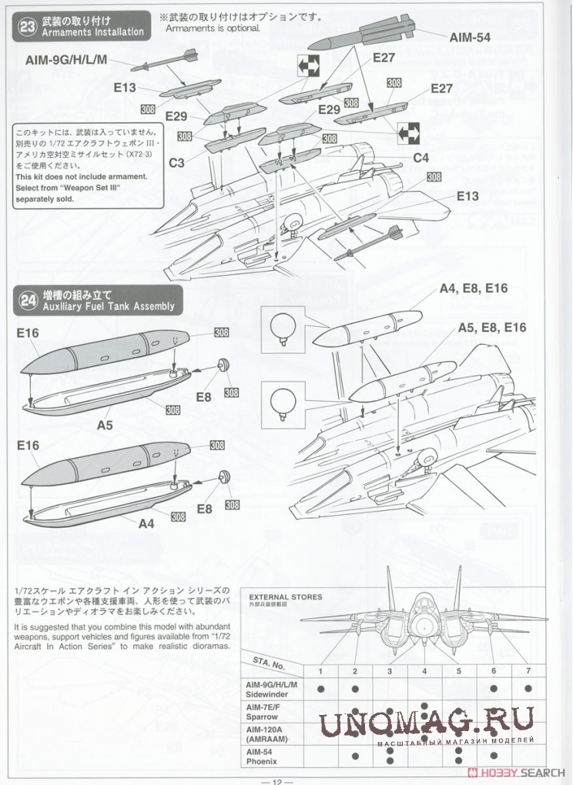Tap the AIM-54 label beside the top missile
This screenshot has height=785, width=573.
[x=471, y=36]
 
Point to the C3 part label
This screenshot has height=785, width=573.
[x=176, y=162]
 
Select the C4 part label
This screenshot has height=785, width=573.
[x=421, y=158]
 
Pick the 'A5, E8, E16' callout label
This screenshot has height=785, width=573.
[x=492, y=328]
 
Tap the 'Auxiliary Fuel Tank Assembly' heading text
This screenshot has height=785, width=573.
[x=109, y=306]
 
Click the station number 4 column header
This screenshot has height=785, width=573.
[x=424, y=671]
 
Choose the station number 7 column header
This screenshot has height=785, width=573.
[x=528, y=671]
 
